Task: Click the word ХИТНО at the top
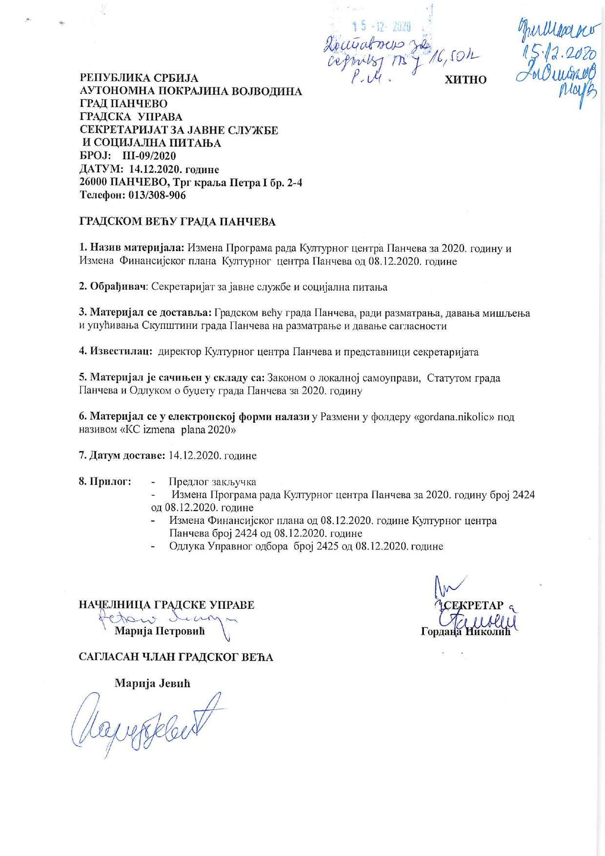point(465,80)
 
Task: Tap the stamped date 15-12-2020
point(381,27)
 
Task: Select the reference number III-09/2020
point(150,156)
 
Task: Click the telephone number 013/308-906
point(157,195)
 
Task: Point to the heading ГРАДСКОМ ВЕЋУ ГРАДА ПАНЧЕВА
point(178,222)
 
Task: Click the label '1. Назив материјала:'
point(132,248)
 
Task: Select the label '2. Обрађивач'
point(113,287)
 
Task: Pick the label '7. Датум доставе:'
point(122,455)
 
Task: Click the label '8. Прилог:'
point(105,482)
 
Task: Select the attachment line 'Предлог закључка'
point(212,482)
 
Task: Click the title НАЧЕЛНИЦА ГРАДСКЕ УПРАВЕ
point(167,605)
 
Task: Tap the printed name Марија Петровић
point(160,631)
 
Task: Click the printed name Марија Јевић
point(152,683)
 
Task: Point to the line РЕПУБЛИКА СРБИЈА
point(139,78)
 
